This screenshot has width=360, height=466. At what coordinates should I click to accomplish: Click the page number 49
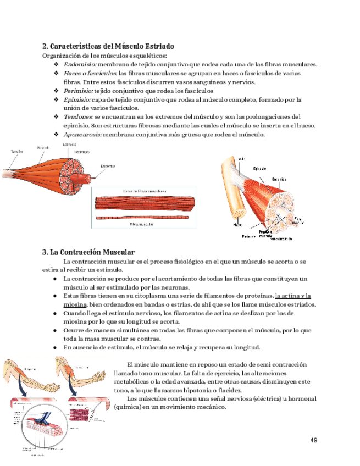pyautogui.click(x=314, y=440)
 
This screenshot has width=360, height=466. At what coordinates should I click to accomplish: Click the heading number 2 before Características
pyautogui.click(x=45, y=46)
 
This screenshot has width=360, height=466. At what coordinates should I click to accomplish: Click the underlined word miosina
pyautogui.click(x=75, y=304)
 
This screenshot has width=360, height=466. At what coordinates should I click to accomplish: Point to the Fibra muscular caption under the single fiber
pyautogui.click(x=141, y=225)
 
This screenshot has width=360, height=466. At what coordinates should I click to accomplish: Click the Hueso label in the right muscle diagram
pyautogui.click(x=237, y=224)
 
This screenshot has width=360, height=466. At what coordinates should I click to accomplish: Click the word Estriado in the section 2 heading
pyautogui.click(x=158, y=46)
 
